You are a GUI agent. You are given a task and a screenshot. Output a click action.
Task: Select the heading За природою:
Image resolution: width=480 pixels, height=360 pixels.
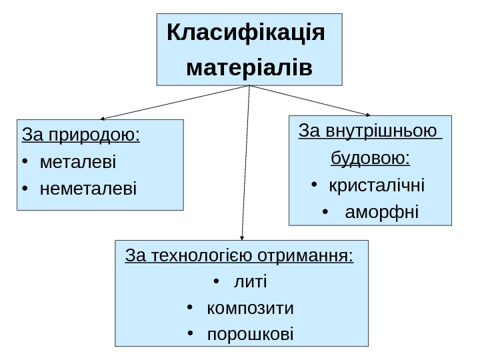(x=81, y=135)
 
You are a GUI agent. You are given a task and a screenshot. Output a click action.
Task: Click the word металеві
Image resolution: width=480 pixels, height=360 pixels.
(x=77, y=162)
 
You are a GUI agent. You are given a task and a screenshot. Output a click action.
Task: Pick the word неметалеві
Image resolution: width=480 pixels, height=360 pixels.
(x=87, y=189)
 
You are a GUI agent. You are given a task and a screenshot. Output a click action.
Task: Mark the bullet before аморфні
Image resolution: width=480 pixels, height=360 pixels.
(x=325, y=213)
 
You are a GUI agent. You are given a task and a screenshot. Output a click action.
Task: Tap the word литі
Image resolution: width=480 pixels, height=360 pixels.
(x=250, y=283)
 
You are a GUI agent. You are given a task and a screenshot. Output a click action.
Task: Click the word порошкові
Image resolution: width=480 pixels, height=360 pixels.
(x=250, y=335)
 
